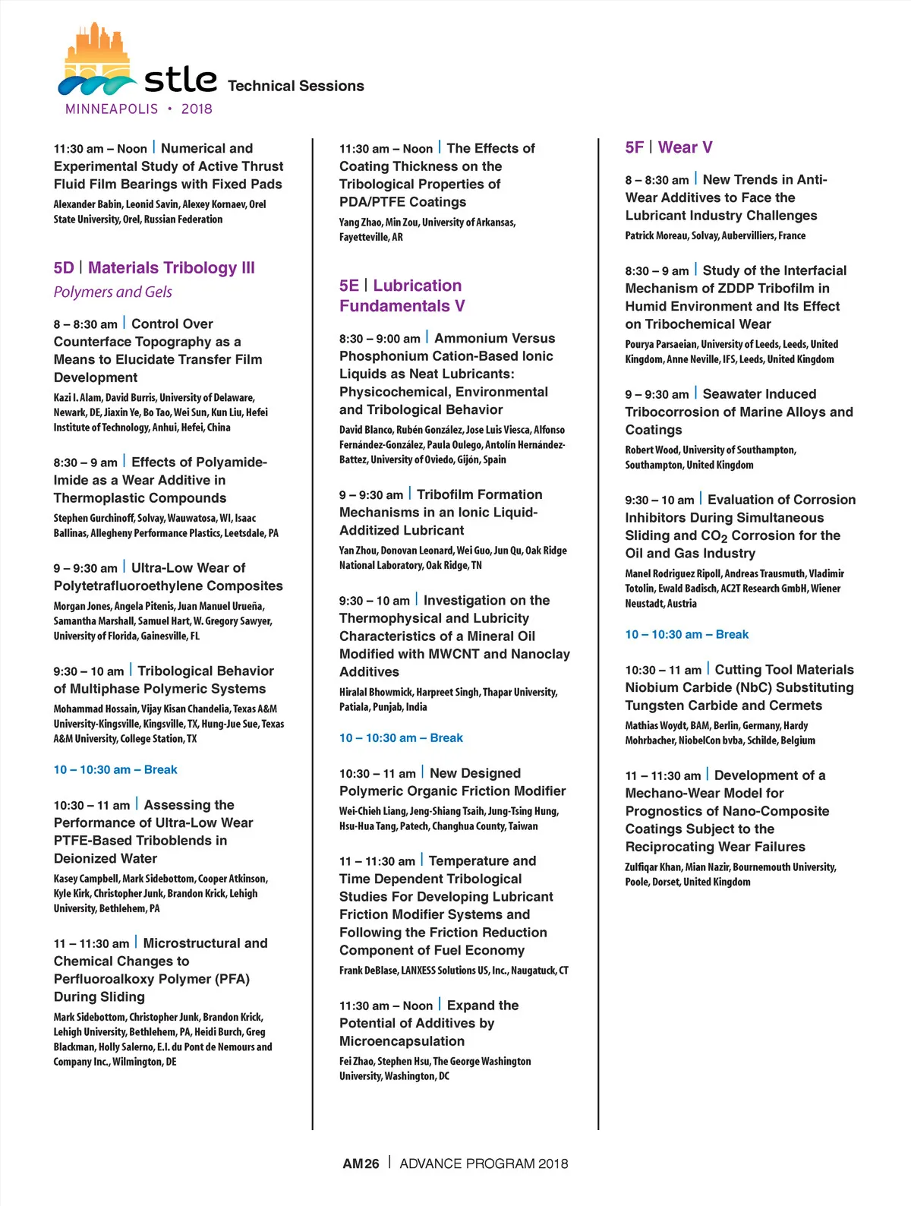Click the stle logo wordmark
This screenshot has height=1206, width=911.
tap(180, 80)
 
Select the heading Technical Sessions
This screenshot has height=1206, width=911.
tap(295, 86)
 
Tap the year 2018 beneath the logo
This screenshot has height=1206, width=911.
tap(197, 109)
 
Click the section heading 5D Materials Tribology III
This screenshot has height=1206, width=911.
tap(154, 267)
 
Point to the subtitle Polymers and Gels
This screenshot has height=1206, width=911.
tap(112, 292)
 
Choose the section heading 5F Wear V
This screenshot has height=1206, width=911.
tap(668, 147)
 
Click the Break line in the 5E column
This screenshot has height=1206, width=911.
tap(401, 737)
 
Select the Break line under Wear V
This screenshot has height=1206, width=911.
tap(686, 634)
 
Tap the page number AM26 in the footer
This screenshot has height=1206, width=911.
tap(361, 1163)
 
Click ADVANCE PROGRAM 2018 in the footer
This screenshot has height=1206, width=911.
tap(484, 1163)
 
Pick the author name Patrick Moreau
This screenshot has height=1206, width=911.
tap(655, 235)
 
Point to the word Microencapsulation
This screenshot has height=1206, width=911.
tap(402, 1040)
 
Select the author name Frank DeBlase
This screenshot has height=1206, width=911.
tap(367, 970)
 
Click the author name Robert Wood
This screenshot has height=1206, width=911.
tap(652, 450)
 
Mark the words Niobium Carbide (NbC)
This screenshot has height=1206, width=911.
tap(684, 687)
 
